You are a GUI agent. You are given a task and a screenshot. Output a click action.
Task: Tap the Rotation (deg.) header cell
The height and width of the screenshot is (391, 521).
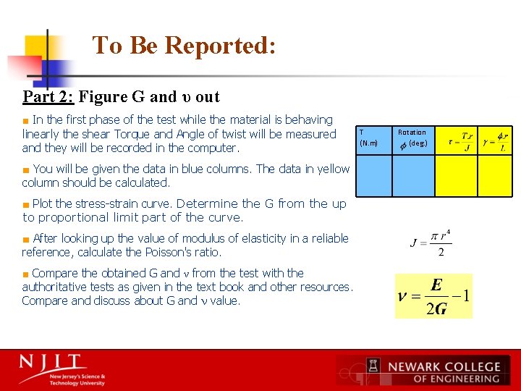point(413,137)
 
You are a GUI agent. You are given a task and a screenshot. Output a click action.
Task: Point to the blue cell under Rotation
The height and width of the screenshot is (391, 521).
point(413,176)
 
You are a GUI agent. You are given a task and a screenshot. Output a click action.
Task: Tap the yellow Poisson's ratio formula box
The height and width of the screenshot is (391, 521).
point(433,295)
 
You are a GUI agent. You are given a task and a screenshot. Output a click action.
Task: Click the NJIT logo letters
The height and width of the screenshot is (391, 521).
point(52,362)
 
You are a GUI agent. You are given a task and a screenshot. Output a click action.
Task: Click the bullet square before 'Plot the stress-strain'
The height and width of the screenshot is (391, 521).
point(26,204)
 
